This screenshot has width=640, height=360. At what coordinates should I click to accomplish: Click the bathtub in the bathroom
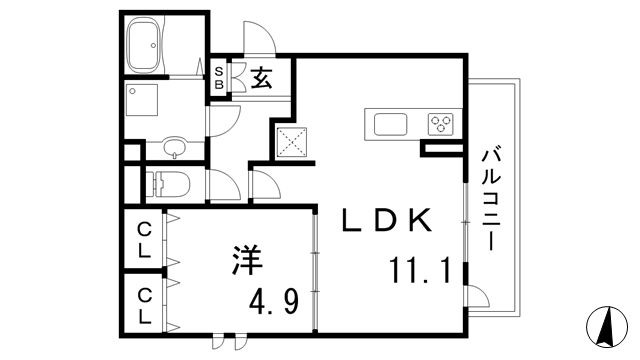149,44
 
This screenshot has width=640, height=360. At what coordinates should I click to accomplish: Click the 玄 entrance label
262,78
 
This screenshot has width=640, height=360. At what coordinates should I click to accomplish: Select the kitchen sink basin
390,124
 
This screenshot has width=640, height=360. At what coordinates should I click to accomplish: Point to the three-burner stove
441,124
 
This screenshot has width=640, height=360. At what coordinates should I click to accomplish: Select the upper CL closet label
145,241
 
